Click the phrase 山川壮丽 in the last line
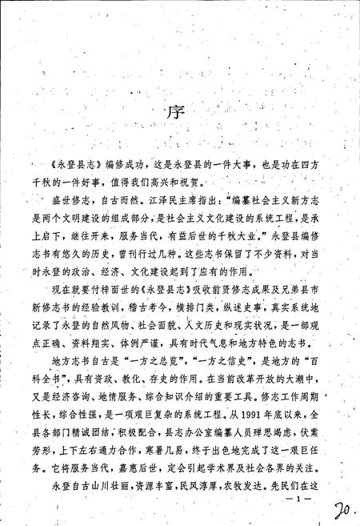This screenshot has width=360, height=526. [x=114, y=485]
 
